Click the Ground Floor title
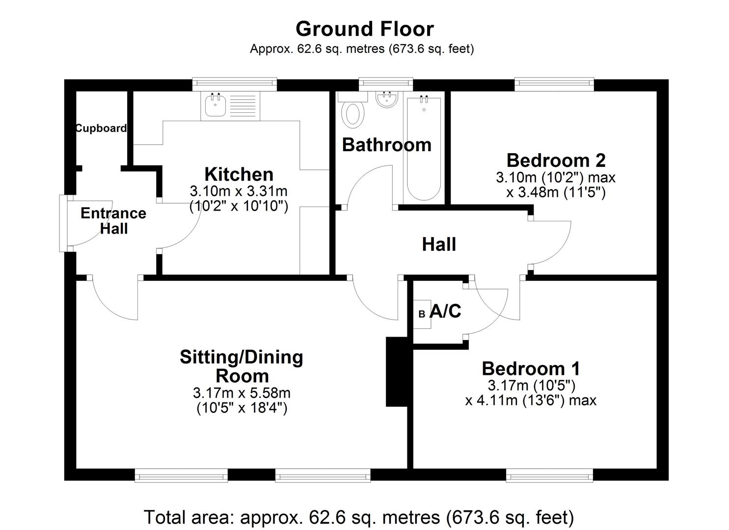364,29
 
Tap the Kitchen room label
239,174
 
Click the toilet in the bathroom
353,112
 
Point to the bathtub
423,147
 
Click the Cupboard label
101,128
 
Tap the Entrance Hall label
113,221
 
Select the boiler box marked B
422,314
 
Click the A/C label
445,311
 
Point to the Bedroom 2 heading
556,160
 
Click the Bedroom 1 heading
531,368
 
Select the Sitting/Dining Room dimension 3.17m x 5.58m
242,393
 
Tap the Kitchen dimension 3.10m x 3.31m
239,191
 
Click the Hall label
439,244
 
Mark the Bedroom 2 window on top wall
554,85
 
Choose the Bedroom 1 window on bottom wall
549,475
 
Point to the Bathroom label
386,145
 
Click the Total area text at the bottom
358,517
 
